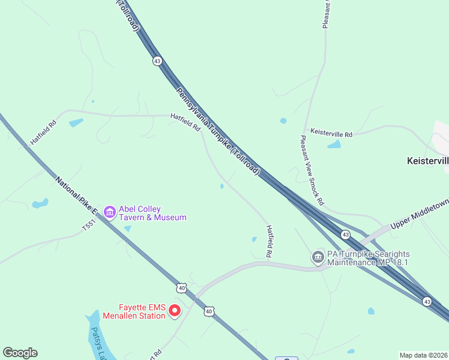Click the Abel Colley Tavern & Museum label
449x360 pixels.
152,213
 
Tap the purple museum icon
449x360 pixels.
109,212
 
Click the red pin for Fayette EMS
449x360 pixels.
175,310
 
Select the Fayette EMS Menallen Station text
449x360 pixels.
133,311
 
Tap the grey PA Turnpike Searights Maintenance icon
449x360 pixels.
317,258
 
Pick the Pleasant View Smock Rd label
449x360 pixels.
312,170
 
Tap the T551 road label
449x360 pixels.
89,227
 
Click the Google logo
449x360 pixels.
20,353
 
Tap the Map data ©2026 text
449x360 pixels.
424,355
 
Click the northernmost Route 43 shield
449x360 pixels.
157,61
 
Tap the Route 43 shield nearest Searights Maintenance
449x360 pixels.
345,234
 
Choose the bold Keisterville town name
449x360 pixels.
427,161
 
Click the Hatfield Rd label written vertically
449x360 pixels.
270,242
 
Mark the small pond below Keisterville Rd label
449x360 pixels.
334,145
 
